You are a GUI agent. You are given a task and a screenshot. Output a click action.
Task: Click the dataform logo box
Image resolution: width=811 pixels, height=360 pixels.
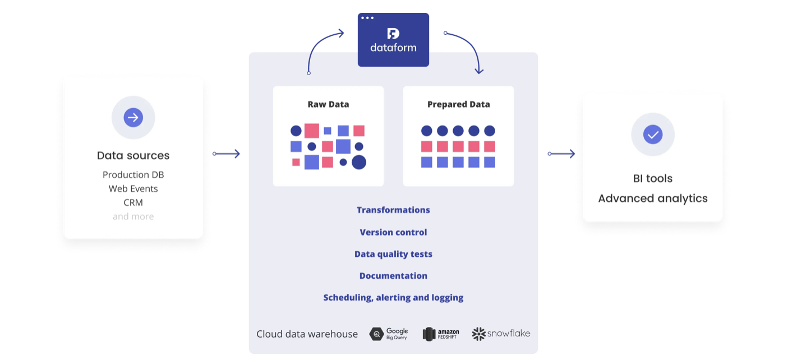click(393, 40)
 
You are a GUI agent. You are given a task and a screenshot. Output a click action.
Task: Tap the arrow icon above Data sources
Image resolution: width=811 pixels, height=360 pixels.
click(133, 118)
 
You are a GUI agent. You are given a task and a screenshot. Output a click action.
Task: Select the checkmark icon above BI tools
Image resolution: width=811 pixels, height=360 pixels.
click(652, 135)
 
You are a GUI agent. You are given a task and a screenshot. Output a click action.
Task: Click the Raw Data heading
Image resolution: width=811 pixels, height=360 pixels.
click(328, 104)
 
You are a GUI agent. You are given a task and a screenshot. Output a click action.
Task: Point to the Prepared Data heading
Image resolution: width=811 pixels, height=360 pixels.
click(458, 104)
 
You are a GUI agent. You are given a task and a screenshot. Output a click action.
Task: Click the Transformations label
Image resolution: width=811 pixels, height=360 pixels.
click(393, 210)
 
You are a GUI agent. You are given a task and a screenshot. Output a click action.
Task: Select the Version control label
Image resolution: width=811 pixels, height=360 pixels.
click(393, 232)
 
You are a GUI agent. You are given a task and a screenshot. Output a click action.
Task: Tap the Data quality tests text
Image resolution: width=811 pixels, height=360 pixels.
click(393, 254)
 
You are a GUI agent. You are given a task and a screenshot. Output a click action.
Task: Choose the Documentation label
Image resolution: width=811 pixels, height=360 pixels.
click(393, 276)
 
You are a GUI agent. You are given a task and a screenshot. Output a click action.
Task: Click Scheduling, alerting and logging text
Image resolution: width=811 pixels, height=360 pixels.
click(393, 298)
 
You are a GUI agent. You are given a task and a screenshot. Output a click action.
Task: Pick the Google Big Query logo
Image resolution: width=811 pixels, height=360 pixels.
click(389, 334)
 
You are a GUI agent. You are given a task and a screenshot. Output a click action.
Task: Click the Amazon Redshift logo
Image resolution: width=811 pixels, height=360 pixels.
click(441, 334)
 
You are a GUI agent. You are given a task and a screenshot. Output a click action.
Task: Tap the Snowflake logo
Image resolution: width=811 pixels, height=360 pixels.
click(501, 334)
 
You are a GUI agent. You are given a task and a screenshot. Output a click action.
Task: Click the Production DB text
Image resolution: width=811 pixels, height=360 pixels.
click(133, 175)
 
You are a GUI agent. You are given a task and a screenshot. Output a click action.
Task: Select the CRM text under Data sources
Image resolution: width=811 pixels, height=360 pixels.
click(133, 202)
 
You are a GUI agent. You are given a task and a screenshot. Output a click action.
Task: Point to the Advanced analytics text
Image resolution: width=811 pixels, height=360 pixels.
click(652, 199)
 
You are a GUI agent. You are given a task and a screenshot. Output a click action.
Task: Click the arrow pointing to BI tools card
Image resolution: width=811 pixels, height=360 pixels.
click(561, 154)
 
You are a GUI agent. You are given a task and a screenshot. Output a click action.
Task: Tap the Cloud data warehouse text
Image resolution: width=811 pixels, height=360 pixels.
click(307, 334)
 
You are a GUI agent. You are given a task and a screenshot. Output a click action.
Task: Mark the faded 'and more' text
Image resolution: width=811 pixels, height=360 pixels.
click(133, 216)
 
